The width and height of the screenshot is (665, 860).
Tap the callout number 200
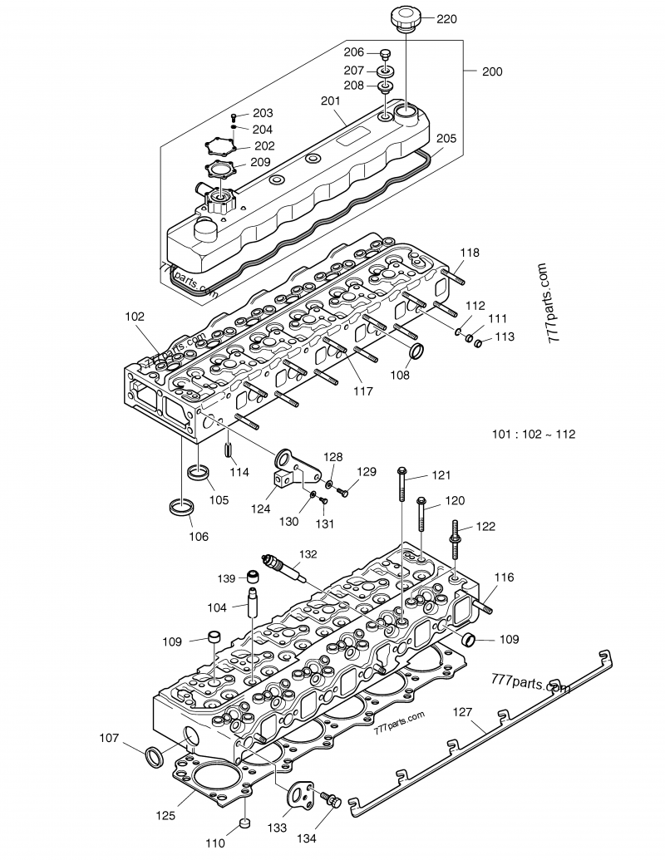(x=492, y=72)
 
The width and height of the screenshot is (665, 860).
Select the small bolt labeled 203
(x=234, y=116)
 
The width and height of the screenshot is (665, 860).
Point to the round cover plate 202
(x=222, y=151)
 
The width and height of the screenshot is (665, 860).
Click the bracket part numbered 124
(x=294, y=472)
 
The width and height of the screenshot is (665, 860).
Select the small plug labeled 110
(x=245, y=823)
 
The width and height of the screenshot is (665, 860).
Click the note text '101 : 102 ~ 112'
(x=534, y=434)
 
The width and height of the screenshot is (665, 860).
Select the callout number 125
(x=166, y=816)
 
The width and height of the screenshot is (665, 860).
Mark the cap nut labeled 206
(x=387, y=54)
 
